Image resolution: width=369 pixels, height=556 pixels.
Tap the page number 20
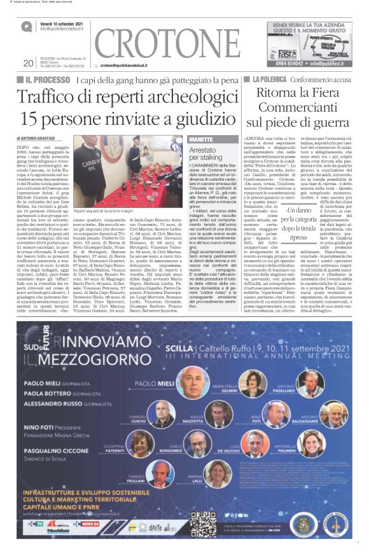coord(27,62)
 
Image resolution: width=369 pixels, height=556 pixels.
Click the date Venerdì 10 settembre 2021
coord(66,24)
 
